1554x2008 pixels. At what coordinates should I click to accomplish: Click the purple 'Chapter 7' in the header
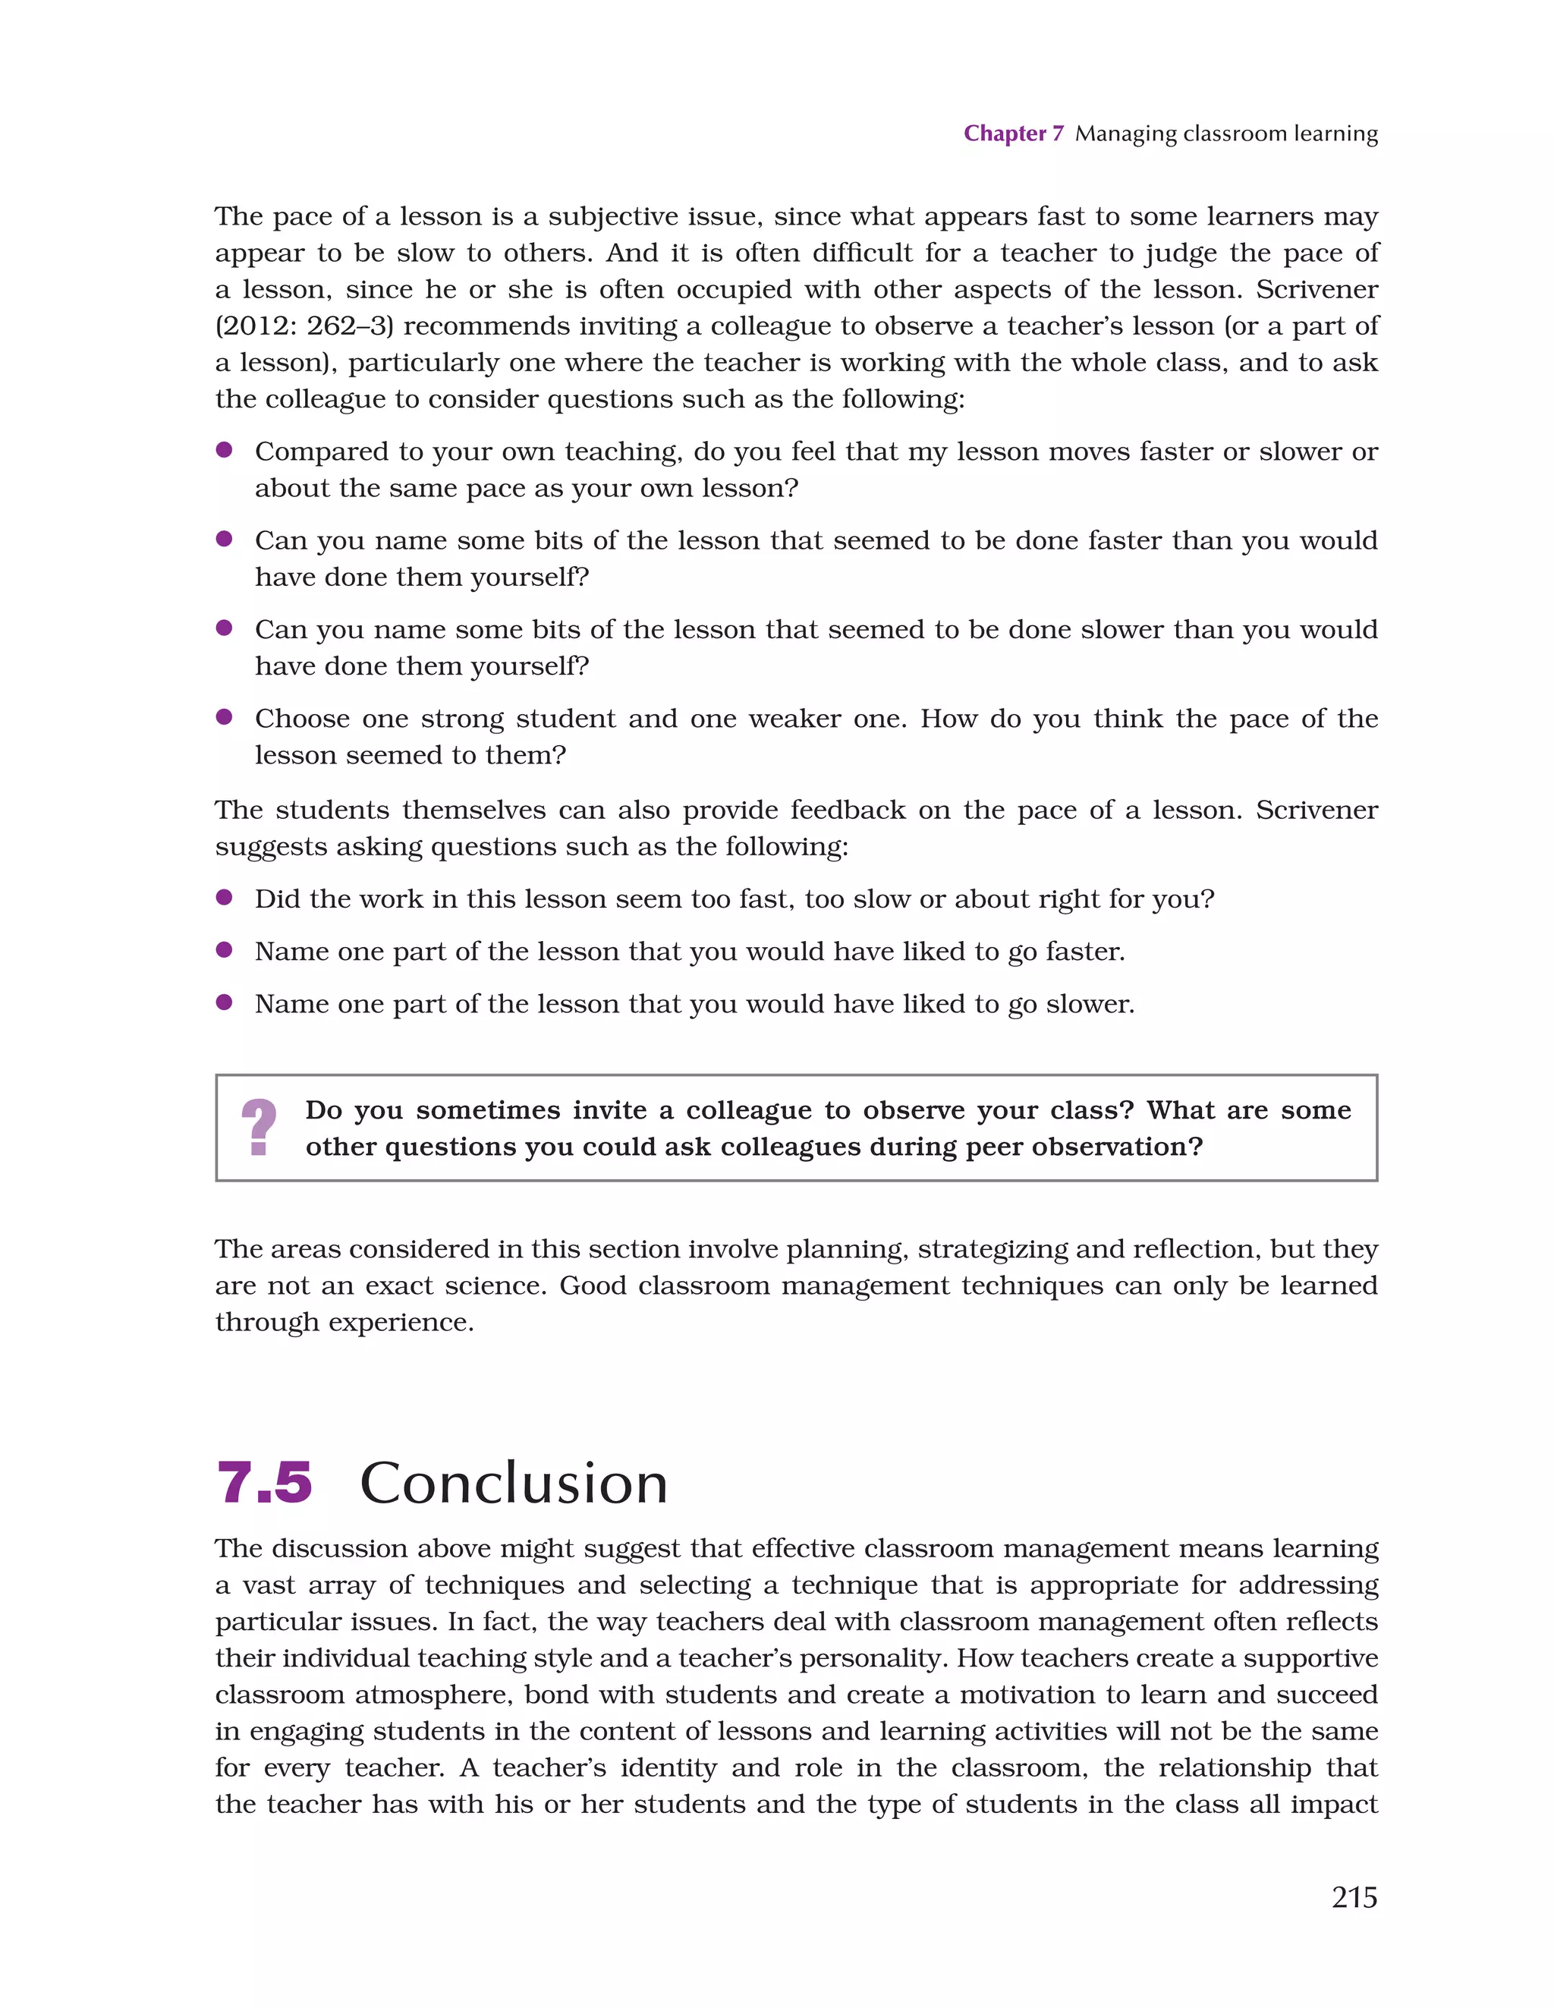(1012, 134)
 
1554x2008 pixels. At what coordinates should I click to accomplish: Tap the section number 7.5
(264, 1483)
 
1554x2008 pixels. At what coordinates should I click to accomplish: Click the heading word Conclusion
(513, 1483)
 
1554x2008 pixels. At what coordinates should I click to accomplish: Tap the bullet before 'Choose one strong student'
(223, 717)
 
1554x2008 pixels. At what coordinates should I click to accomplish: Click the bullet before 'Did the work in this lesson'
(223, 897)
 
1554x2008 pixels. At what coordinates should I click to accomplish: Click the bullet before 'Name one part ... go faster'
(223, 950)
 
